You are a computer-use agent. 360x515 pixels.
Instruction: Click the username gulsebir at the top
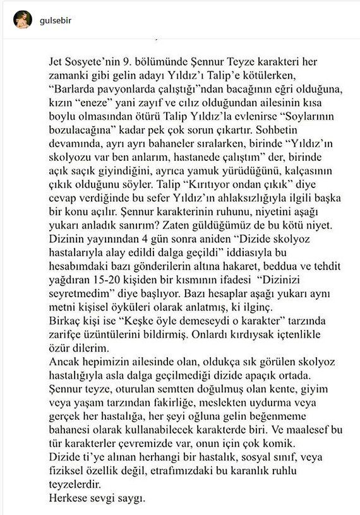pyautogui.click(x=57, y=20)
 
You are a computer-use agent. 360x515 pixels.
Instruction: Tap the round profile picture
pyautogui.click(x=23, y=20)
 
